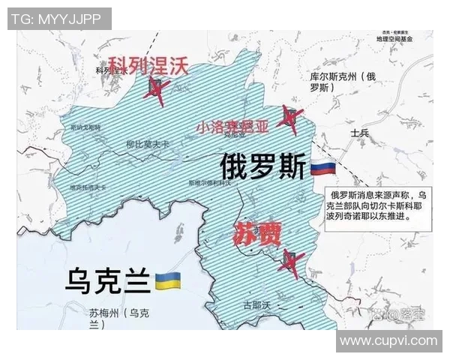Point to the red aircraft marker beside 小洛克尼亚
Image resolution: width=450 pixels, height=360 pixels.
click(287, 118)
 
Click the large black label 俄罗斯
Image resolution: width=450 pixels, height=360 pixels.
click(263, 166)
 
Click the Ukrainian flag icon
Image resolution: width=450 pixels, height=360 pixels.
click(167, 282)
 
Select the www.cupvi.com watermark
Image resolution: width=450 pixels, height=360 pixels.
click(388, 341)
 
